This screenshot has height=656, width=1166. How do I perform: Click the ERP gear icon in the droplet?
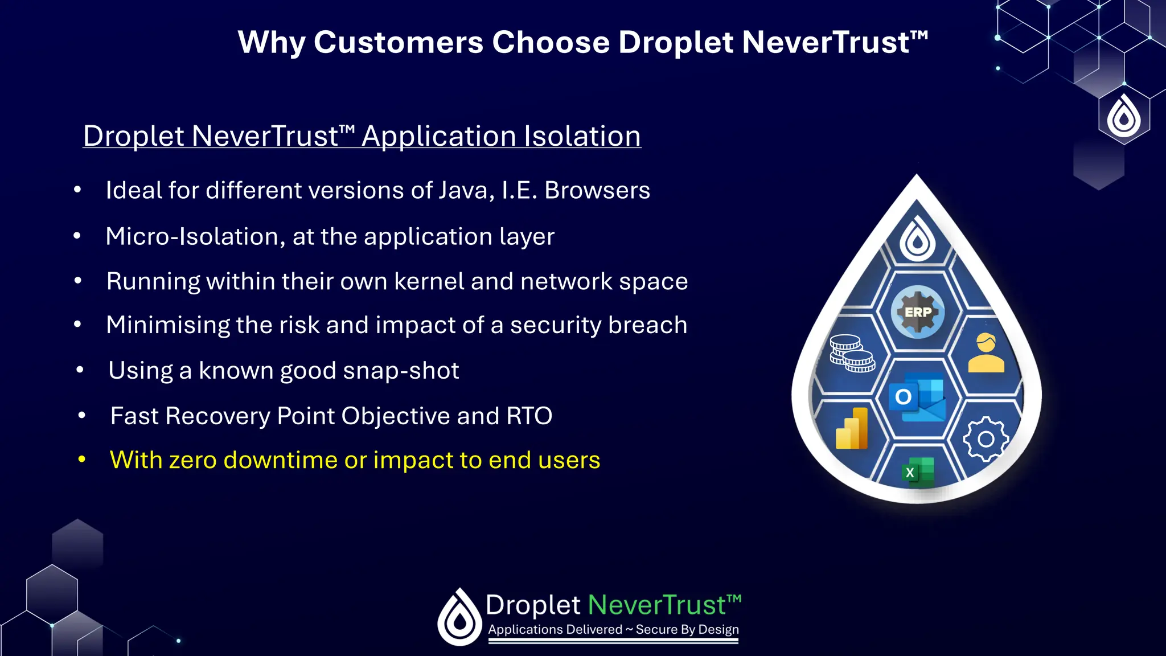pos(918,311)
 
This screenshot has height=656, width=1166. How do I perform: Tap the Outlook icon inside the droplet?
pos(917,397)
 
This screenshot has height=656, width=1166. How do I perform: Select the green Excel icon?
pos(917,472)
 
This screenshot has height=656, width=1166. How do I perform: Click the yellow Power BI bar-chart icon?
pos(852,429)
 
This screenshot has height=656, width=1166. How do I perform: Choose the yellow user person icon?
pos(986,353)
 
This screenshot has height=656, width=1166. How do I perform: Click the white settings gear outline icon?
pos(986,438)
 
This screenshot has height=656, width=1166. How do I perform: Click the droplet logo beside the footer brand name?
pos(459,617)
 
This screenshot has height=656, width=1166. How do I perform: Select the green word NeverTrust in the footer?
pos(657,605)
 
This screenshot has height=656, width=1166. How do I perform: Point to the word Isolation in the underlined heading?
pos(582,136)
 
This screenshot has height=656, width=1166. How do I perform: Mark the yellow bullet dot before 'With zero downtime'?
pos(82,459)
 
